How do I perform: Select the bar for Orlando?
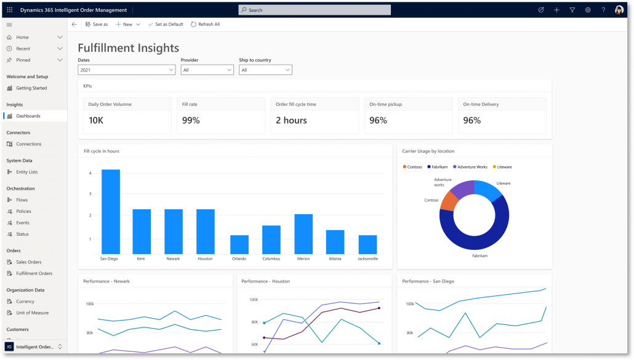pyautogui.click(x=239, y=244)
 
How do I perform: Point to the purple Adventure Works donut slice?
pyautogui.click(x=463, y=188)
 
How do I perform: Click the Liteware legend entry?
pyautogui.click(x=504, y=167)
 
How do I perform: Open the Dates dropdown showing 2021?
pyautogui.click(x=127, y=70)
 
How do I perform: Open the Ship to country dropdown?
pyautogui.click(x=265, y=70)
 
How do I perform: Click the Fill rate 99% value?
pyautogui.click(x=191, y=121)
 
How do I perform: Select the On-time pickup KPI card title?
pyautogui.click(x=385, y=105)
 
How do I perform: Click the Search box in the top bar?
pyautogui.click(x=315, y=10)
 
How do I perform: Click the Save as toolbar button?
pyautogui.click(x=97, y=24)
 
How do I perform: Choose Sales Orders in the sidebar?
pyautogui.click(x=28, y=262)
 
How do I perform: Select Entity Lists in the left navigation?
pyautogui.click(x=26, y=172)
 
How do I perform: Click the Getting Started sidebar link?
pyautogui.click(x=31, y=88)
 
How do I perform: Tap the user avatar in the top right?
pyautogui.click(x=619, y=10)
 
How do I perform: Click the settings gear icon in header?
pyautogui.click(x=588, y=10)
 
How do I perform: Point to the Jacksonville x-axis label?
pyautogui.click(x=367, y=258)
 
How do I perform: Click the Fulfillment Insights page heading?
pyautogui.click(x=128, y=48)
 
